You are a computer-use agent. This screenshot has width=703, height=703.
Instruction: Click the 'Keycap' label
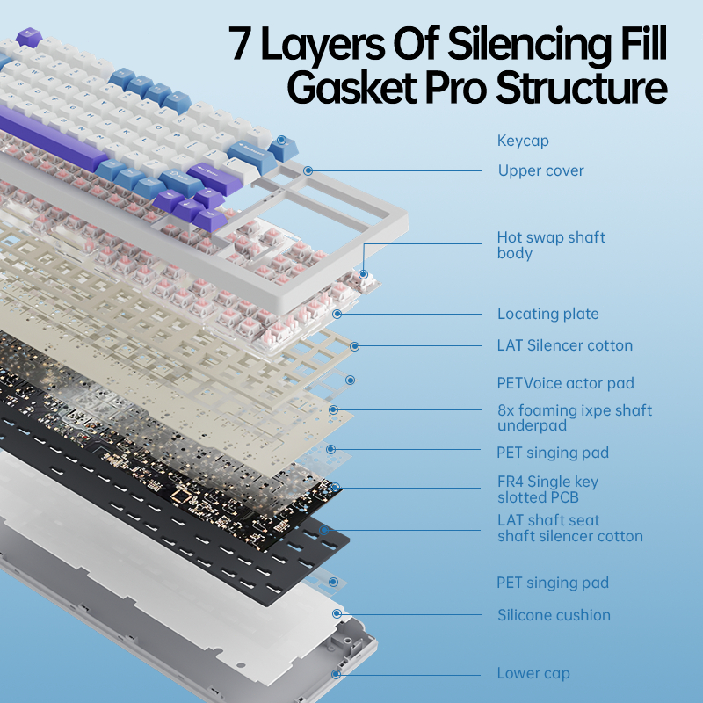point(523,141)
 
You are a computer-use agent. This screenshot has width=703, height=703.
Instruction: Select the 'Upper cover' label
point(540,170)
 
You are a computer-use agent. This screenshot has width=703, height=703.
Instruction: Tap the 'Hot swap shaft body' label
point(551,245)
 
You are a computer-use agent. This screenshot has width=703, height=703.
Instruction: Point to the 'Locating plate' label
point(547,314)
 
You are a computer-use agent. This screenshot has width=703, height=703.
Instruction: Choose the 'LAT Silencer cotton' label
point(564,345)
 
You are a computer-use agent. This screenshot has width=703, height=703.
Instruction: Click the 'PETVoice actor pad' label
point(565,383)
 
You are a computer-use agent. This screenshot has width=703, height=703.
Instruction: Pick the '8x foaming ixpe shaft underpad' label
point(574,417)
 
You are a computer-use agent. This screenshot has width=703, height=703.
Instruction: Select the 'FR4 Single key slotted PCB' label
point(547,489)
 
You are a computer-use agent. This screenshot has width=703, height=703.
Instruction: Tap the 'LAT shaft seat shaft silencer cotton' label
point(569,528)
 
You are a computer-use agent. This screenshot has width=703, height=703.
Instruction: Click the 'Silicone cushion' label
point(554,615)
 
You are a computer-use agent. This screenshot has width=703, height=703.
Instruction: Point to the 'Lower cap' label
point(533,673)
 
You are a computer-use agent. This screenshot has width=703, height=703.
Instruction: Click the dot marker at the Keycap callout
point(282,139)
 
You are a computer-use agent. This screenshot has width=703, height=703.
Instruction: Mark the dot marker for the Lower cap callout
point(336,673)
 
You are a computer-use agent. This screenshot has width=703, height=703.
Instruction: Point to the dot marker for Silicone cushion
point(336,614)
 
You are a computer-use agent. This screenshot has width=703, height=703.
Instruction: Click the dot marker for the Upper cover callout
point(308,170)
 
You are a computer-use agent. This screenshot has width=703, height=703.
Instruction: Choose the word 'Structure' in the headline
point(580,88)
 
